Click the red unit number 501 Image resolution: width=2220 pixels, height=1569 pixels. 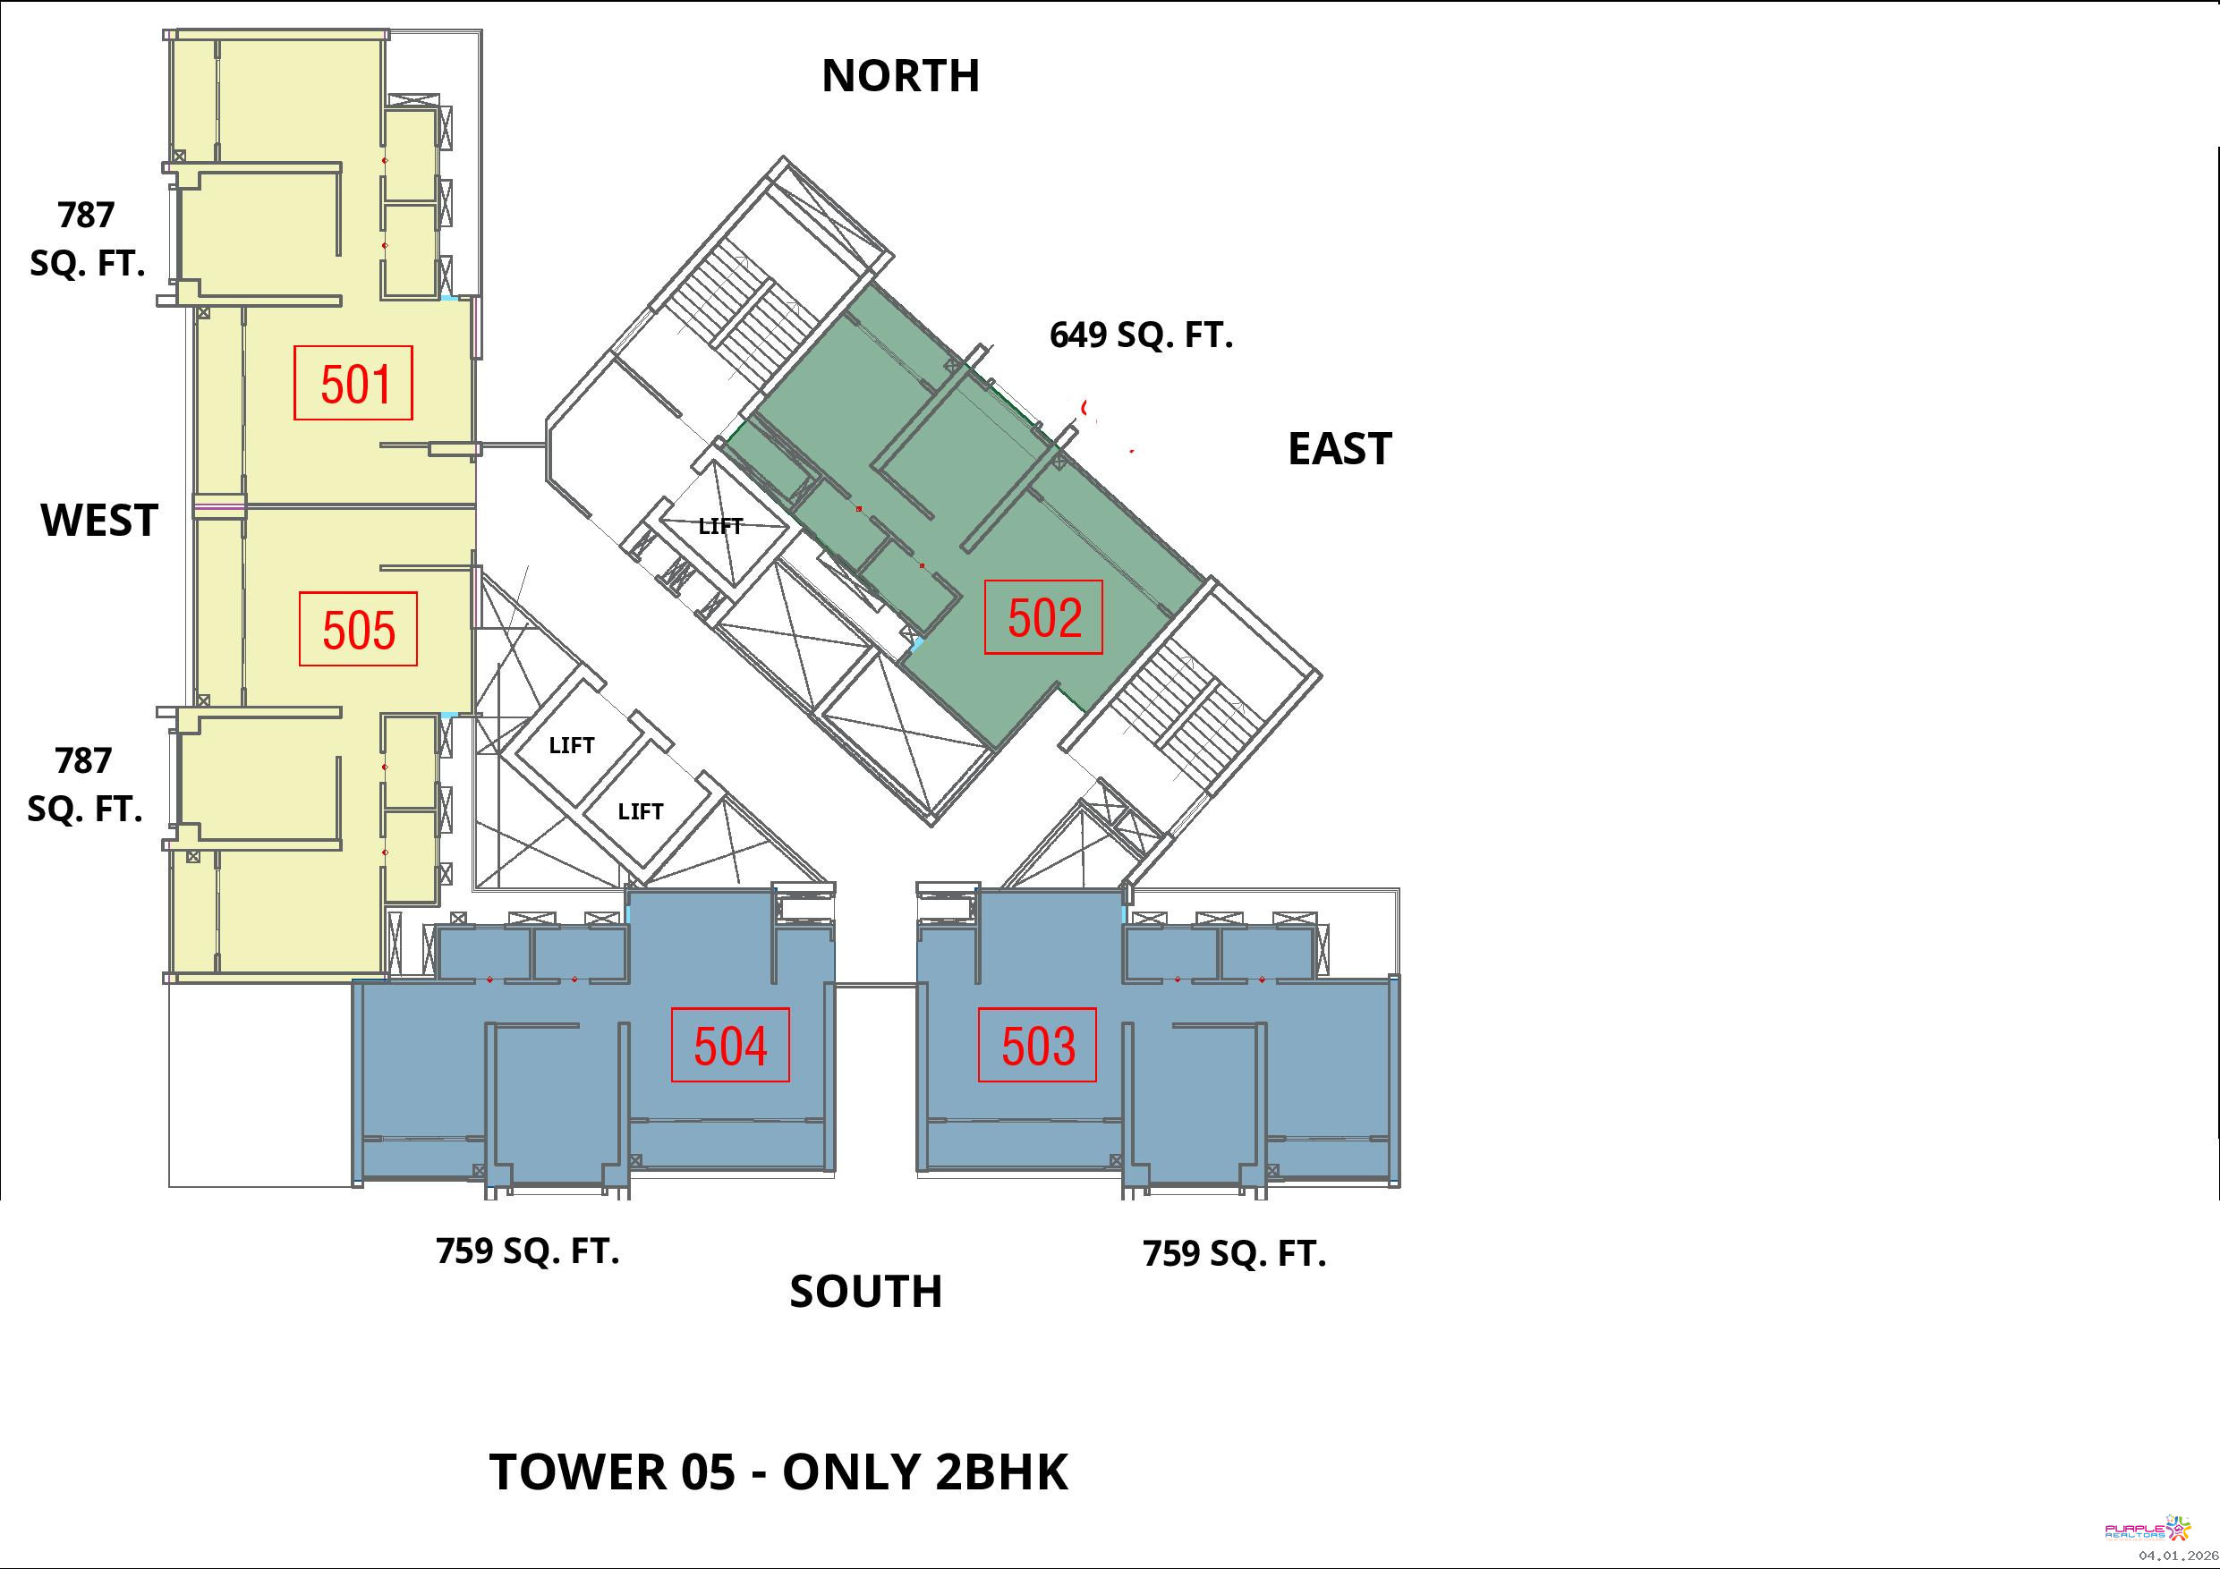click(356, 384)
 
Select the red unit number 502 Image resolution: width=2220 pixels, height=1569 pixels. click(1044, 618)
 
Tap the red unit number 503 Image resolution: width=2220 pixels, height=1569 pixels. click(1037, 1046)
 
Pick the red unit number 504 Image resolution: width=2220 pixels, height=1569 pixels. click(730, 1046)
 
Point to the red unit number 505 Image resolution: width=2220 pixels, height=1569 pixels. click(359, 631)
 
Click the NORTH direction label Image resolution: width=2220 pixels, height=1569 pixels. click(900, 75)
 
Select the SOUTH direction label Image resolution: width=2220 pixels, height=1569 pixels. click(865, 1292)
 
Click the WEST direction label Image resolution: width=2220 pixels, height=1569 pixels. click(98, 520)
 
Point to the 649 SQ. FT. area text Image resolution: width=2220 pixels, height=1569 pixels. click(1141, 335)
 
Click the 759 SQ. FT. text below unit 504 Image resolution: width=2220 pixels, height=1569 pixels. click(527, 1251)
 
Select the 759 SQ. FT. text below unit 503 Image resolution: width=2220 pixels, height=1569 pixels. click(1234, 1254)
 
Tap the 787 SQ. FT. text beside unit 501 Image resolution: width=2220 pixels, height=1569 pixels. click(87, 239)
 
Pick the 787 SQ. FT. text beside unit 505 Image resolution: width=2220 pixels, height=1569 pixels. click(85, 784)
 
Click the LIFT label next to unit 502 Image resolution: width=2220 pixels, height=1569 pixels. click(720, 526)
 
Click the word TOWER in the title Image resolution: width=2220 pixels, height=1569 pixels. click(577, 1472)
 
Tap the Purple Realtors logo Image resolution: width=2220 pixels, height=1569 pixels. click(2148, 1530)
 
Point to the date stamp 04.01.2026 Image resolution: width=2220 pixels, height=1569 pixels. click(2179, 1556)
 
